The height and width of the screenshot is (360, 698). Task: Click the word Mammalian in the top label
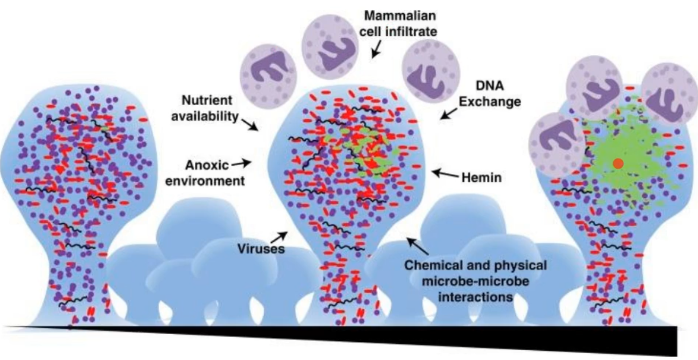(x=400, y=16)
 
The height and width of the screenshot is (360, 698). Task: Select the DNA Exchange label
(x=490, y=94)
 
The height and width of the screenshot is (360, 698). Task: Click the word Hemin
(x=481, y=178)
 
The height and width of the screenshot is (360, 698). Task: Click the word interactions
(x=475, y=296)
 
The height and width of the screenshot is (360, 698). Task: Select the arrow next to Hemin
(x=445, y=174)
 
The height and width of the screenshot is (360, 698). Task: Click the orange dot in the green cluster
(x=618, y=164)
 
